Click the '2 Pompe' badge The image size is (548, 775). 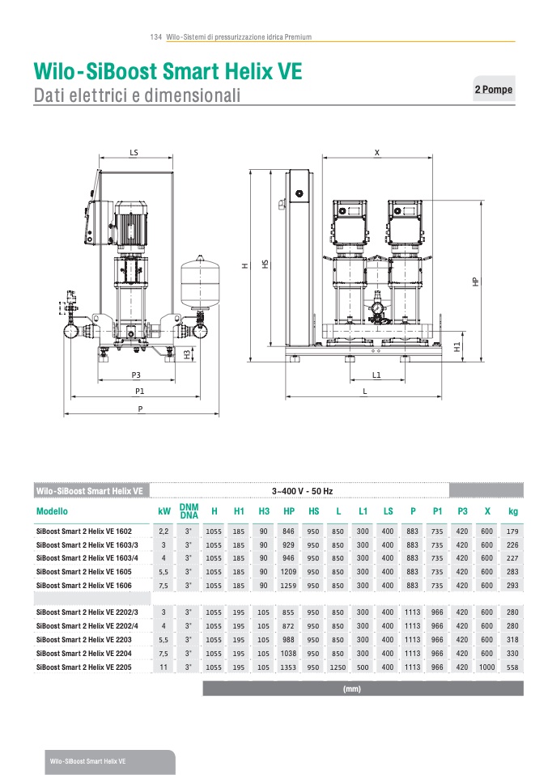pyautogui.click(x=493, y=90)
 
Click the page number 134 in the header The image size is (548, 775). pyautogui.click(x=156, y=37)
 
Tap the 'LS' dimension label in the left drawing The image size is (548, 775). pyautogui.click(x=134, y=152)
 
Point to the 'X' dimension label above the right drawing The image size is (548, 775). pyautogui.click(x=376, y=152)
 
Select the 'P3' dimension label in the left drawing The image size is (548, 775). pyautogui.click(x=136, y=375)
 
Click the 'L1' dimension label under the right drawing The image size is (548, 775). pyautogui.click(x=376, y=375)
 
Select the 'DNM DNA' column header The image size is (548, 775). pyautogui.click(x=189, y=510)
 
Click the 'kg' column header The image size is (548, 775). pyautogui.click(x=512, y=511)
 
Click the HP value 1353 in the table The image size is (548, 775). pyautogui.click(x=288, y=667)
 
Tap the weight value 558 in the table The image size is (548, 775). pyautogui.click(x=512, y=667)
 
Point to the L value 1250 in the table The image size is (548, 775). pyautogui.click(x=338, y=667)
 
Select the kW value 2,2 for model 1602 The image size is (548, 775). pyautogui.click(x=164, y=531)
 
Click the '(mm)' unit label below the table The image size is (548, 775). pyautogui.click(x=351, y=689)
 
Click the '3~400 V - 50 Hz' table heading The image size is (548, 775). pyautogui.click(x=302, y=491)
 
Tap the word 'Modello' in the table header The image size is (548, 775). pyautogui.click(x=52, y=511)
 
